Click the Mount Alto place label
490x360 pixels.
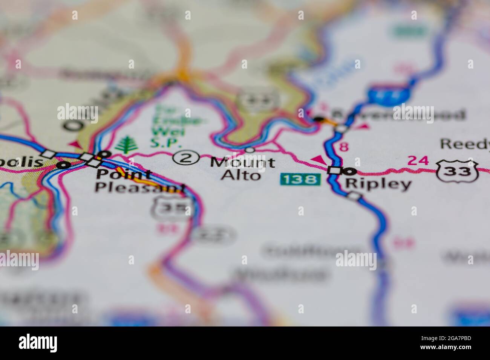tap(242, 168)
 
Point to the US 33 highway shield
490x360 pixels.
tap(458, 171)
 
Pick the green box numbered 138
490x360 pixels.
tap(300, 179)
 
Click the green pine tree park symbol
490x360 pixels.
tap(125, 145)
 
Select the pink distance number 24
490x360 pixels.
tap(418, 161)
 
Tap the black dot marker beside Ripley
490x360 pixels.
tap(351, 171)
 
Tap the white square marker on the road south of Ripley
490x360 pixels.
tap(354, 195)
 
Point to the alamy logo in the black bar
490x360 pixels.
tap(38, 343)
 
